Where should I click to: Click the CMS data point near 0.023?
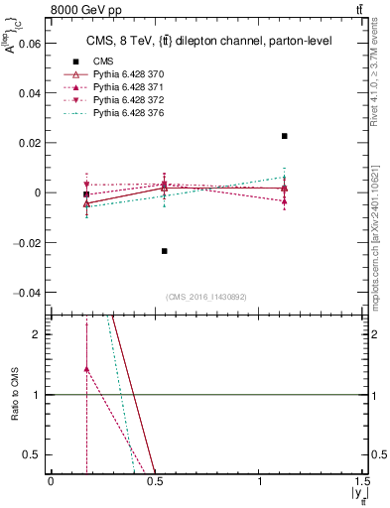(285, 136)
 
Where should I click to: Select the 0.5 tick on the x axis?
(154, 480)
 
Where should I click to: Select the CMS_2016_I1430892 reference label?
(206, 297)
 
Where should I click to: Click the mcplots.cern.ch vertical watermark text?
(380, 233)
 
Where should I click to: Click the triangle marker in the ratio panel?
(86, 369)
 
